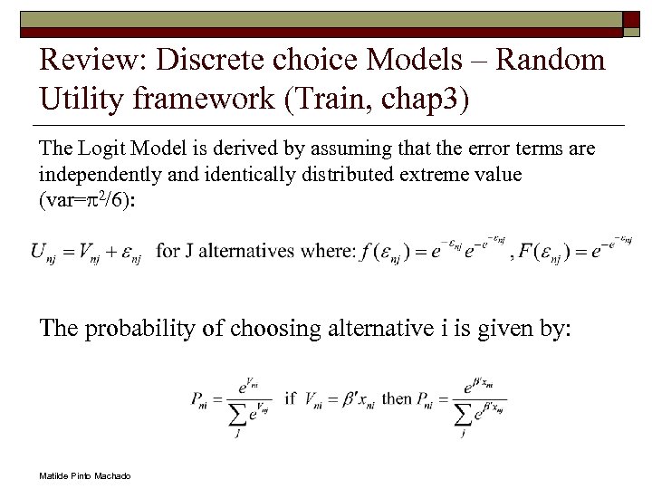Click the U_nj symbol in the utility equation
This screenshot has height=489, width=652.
(43, 252)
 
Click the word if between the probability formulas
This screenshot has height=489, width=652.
(290, 398)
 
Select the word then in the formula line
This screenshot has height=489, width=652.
(397, 398)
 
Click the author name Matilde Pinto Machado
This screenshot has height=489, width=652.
(85, 475)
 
